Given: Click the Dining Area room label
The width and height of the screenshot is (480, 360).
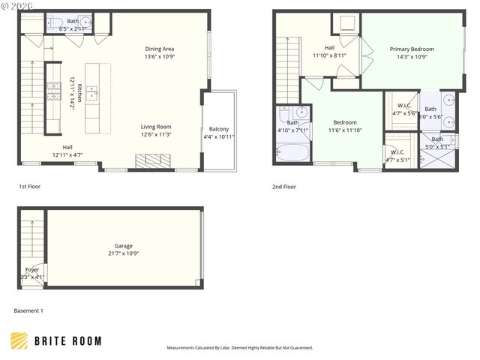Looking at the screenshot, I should tap(159, 49).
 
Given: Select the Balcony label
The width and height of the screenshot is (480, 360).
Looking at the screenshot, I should tap(219, 129).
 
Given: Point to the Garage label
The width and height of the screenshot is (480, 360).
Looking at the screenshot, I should tap(123, 245).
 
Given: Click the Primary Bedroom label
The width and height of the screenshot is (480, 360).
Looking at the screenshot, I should tap(411, 49).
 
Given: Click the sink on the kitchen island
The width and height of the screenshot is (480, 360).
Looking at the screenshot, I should tap(94, 93).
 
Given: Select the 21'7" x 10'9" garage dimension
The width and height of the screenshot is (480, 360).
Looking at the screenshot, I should tap(123, 253).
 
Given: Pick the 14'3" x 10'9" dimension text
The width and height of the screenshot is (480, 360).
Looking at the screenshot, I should tap(411, 57).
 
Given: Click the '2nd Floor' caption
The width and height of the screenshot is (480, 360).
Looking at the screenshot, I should tap(284, 186).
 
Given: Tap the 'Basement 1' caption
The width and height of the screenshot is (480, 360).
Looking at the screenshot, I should tap(28, 310).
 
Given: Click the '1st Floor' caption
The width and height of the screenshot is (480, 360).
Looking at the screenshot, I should tap(30, 186).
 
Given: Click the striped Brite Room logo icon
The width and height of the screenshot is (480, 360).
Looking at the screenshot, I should tap(19, 340).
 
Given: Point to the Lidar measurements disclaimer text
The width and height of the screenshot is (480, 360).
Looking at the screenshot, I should tap(239, 348).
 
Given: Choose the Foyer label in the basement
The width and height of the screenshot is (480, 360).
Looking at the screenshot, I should tap(32, 269).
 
